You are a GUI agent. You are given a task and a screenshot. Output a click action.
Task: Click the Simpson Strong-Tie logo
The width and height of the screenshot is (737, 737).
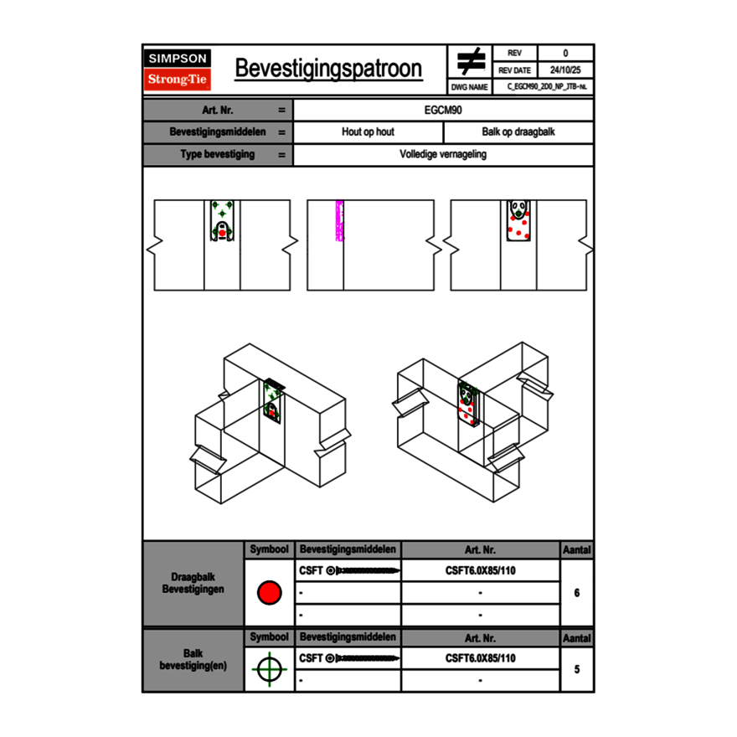[x=178, y=70]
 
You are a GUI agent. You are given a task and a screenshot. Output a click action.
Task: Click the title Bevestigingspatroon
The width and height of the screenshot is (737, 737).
[x=328, y=69]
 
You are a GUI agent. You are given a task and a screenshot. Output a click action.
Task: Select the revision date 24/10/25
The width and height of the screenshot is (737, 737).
[x=565, y=70]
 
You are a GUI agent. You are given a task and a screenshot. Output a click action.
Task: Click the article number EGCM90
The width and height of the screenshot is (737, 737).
[x=444, y=110]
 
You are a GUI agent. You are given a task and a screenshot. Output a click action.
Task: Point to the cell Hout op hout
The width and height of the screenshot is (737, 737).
[x=368, y=132]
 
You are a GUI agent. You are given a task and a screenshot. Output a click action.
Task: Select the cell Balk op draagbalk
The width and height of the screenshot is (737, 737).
[x=518, y=132]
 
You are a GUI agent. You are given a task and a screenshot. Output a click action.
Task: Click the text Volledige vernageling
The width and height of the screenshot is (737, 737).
[x=443, y=155]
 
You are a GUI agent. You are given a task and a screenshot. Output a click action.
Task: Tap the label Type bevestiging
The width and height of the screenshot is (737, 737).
[x=218, y=155]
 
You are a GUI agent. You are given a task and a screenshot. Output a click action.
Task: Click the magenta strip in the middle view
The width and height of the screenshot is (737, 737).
[x=339, y=221]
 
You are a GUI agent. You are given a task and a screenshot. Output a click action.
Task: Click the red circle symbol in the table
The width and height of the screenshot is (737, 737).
[x=269, y=593]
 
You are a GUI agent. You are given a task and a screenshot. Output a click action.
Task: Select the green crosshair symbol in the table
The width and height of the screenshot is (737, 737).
[x=269, y=669]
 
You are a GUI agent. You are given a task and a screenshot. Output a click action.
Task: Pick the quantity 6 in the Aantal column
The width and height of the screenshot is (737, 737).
[x=577, y=593]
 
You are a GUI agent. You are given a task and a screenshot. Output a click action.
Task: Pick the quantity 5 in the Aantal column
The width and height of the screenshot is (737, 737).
[x=577, y=669]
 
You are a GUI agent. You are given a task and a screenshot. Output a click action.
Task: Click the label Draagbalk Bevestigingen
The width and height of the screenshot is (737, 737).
[x=193, y=584]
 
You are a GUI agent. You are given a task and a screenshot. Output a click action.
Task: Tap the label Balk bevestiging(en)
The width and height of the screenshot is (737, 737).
[x=193, y=659]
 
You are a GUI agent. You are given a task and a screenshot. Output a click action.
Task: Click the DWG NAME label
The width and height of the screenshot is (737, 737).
[x=469, y=87]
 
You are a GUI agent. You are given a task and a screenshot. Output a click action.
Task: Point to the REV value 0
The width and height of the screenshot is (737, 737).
[x=565, y=53]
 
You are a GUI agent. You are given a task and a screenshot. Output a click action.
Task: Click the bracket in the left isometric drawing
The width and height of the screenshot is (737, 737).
[x=273, y=403]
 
